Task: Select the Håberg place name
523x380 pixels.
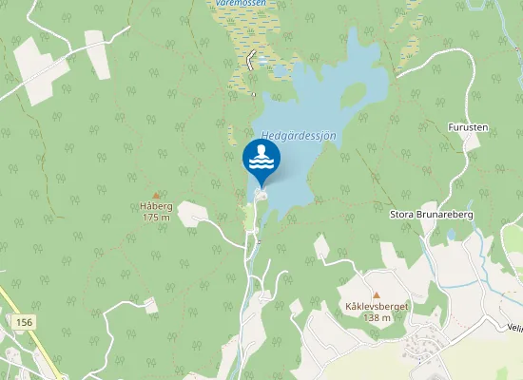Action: click(154, 206)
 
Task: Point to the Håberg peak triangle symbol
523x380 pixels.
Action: click(157, 195)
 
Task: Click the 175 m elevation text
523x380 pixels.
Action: click(155, 218)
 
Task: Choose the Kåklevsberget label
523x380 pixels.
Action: click(377, 307)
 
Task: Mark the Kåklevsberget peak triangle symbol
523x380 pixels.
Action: click(377, 295)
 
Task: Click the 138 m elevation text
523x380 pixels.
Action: click(377, 317)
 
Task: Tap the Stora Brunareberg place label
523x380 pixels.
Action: click(432, 215)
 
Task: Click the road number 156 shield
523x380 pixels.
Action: click(25, 323)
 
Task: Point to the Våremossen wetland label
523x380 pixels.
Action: click(240, 4)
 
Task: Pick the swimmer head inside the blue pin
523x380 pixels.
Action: click(261, 152)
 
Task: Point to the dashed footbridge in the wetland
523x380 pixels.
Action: click(261, 62)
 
